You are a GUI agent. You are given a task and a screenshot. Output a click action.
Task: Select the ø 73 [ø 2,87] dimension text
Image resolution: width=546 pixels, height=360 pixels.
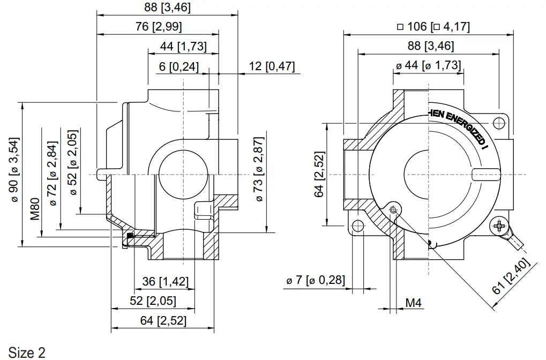(x=259, y=169)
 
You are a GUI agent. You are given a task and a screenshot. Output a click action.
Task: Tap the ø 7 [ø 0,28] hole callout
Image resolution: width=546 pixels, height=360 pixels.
(x=316, y=280)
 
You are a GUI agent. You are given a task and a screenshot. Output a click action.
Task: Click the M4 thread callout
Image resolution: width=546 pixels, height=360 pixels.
(x=413, y=303)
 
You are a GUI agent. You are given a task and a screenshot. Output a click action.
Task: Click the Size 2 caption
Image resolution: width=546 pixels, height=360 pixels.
(x=27, y=352)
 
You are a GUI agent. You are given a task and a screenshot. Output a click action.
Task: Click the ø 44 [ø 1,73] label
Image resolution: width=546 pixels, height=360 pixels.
(x=428, y=65)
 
